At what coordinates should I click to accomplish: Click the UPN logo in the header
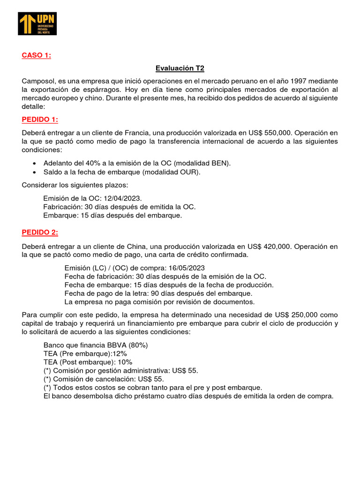click(x=37, y=23)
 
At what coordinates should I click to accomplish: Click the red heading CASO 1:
click(x=36, y=56)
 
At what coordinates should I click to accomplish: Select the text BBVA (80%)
click(x=126, y=345)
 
